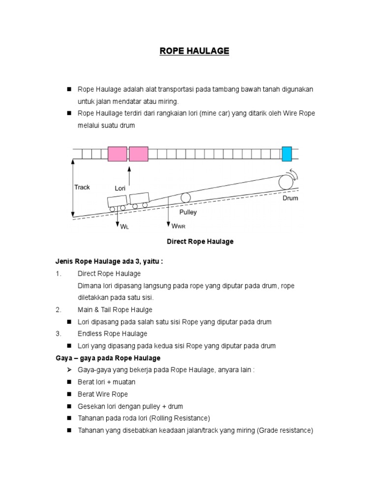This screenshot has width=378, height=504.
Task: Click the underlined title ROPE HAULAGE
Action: coord(194,51)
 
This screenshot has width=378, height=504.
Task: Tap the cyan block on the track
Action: coord(286,154)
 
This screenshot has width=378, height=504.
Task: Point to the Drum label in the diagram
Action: coord(290,198)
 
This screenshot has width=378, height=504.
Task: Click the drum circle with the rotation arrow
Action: coord(285,182)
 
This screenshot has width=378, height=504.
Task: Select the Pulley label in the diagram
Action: coord(188,212)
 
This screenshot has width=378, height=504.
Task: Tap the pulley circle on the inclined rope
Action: coord(186,197)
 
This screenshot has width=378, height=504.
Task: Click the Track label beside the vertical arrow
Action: coord(82,187)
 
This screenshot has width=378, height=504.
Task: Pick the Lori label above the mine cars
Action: coord(121,188)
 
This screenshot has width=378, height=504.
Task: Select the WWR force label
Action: coord(179,226)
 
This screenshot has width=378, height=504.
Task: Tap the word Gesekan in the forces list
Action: coord(91,407)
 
